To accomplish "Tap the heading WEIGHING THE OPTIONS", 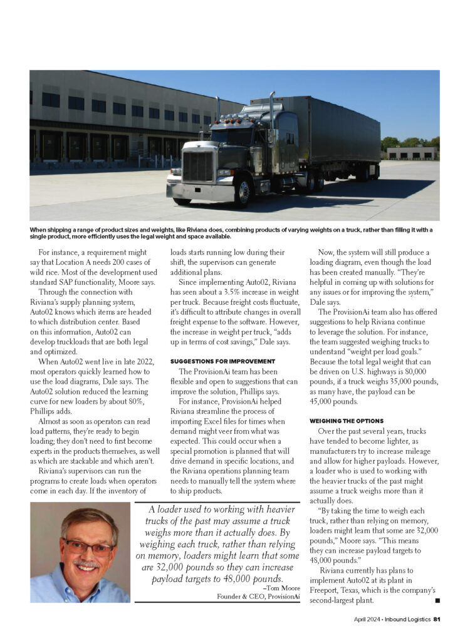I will pos(347,421).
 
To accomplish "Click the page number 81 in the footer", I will pos(437,620).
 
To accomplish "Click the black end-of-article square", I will pos(436,600).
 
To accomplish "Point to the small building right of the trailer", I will pos(411,153).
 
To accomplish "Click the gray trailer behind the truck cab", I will pos(338,131).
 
